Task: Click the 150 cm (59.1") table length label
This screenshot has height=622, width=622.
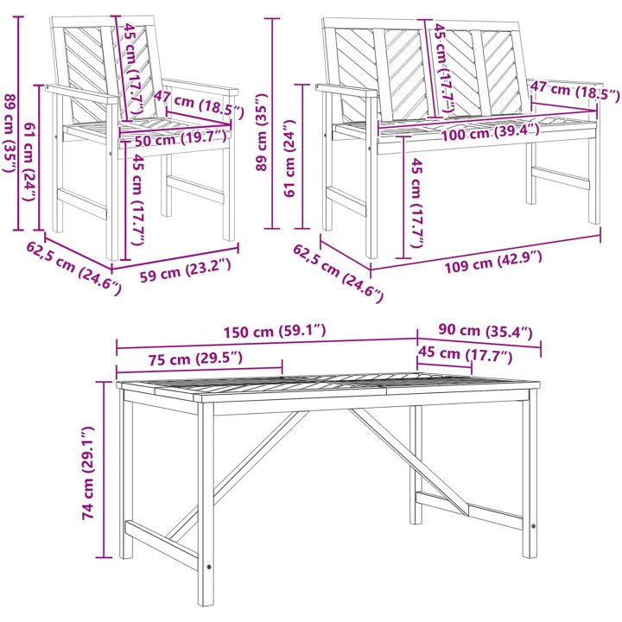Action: tap(275, 332)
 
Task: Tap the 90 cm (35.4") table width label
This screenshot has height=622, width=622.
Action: tap(486, 331)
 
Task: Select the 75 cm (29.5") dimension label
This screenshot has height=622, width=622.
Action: tap(195, 359)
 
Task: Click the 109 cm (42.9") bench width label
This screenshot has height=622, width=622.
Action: tap(492, 262)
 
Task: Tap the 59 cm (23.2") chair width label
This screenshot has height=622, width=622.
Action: tap(185, 270)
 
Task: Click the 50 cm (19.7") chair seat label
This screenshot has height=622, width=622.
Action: tap(181, 139)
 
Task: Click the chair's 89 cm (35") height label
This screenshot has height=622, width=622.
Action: tap(10, 133)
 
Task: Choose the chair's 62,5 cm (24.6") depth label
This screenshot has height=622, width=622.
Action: tap(73, 269)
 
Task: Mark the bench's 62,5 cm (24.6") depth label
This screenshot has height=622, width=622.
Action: tap(339, 273)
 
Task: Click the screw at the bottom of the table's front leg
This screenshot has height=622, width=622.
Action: tap(209, 568)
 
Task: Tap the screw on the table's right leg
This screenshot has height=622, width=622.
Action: tap(534, 526)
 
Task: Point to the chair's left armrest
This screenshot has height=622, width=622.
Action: tap(82, 94)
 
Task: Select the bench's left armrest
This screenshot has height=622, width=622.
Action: tap(346, 91)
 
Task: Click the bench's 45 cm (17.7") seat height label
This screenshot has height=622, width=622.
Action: tap(416, 202)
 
